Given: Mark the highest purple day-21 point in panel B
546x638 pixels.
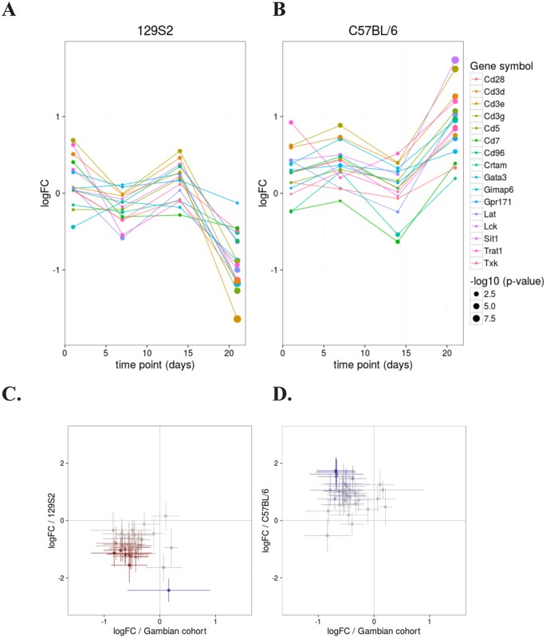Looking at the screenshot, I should [455, 61].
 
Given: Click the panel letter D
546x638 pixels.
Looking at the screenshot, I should [283, 413].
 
